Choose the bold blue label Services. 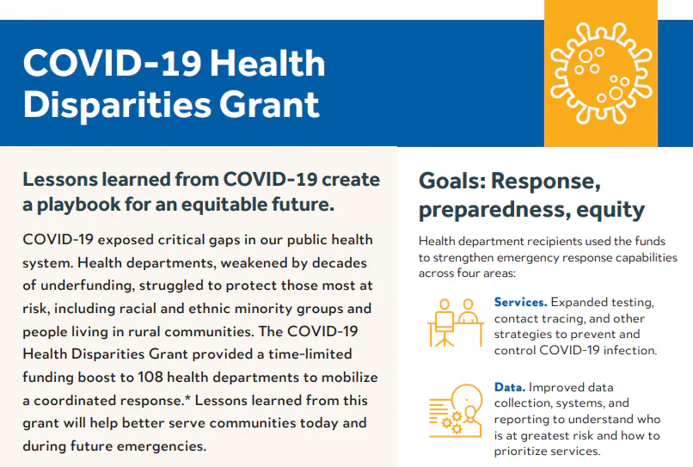click(520, 303)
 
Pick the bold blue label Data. click(511, 388)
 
